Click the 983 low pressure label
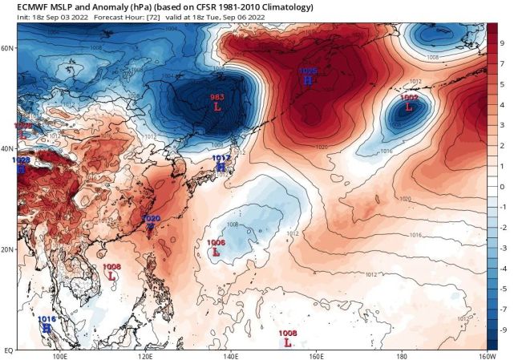[217, 102]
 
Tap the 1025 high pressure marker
[308, 76]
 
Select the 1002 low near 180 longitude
[408, 101]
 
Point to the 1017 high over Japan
[221, 163]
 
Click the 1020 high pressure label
[150, 222]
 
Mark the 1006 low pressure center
[215, 247]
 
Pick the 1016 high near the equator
[47, 323]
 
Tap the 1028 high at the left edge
[21, 165]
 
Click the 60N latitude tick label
[8, 48]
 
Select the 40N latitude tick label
[8, 149]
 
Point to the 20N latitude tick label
[8, 249]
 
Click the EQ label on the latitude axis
[8, 350]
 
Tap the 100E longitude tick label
[59, 356]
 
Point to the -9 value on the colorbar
[503, 330]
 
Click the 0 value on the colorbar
[503, 186]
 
